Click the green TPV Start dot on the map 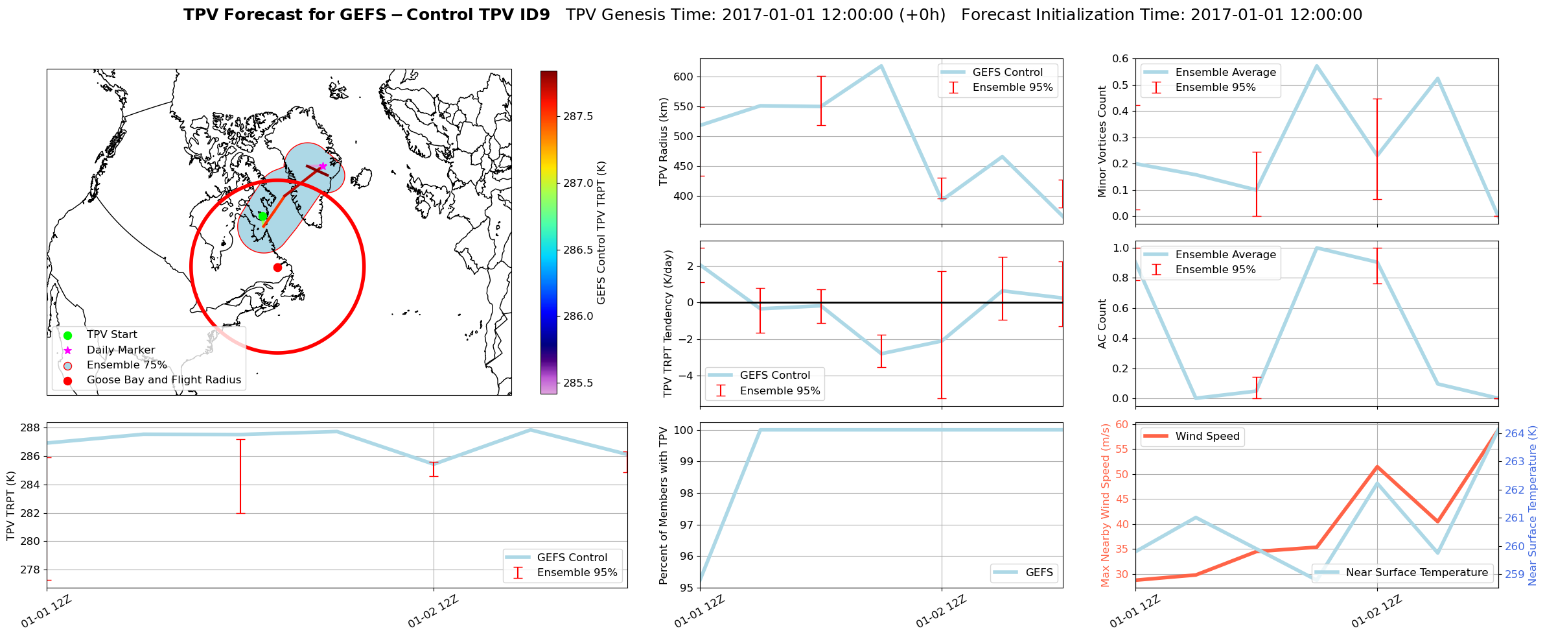pyautogui.click(x=262, y=216)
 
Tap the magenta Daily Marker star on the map pyautogui.click(x=323, y=166)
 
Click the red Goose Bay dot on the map pyautogui.click(x=277, y=267)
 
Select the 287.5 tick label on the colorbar pyautogui.click(x=578, y=116)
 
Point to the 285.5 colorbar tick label pyautogui.click(x=578, y=383)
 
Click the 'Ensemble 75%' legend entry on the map pyautogui.click(x=126, y=365)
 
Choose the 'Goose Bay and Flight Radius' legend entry pyautogui.click(x=163, y=380)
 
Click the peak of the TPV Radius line pyautogui.click(x=881, y=66)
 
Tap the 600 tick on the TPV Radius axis pyautogui.click(x=683, y=77)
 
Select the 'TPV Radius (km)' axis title pyautogui.click(x=663, y=141)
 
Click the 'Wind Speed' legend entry pyautogui.click(x=1207, y=437)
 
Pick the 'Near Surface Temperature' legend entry pyautogui.click(x=1416, y=573)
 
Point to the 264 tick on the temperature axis pyautogui.click(x=1515, y=433)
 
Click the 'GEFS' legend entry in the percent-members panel pyautogui.click(x=1039, y=573)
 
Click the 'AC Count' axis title pyautogui.click(x=1102, y=324)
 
